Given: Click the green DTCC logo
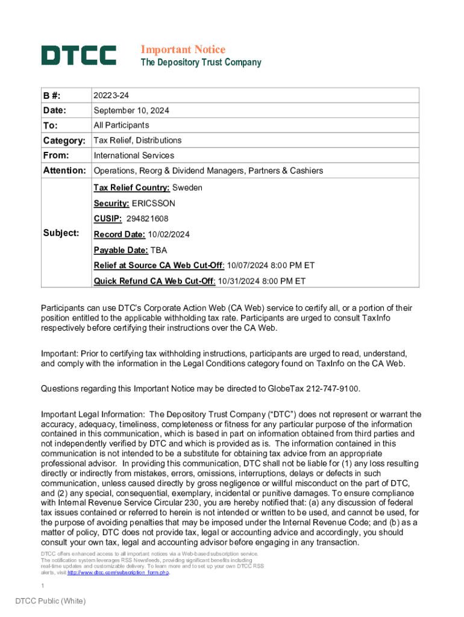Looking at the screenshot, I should (x=78, y=55).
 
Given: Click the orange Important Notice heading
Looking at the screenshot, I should (x=183, y=49).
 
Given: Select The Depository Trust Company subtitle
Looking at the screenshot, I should (x=201, y=63).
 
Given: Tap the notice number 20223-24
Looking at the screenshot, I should (x=111, y=96).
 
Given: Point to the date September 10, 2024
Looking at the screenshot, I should (x=131, y=111).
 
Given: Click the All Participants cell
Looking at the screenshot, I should (x=121, y=125).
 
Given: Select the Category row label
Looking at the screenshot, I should (x=64, y=140).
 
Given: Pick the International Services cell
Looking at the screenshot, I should (x=134, y=155).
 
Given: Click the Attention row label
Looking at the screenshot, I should (x=64, y=171).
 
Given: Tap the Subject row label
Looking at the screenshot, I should (x=61, y=233).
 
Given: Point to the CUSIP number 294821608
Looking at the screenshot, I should (x=148, y=219).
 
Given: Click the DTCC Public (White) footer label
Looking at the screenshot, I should (x=51, y=601).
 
